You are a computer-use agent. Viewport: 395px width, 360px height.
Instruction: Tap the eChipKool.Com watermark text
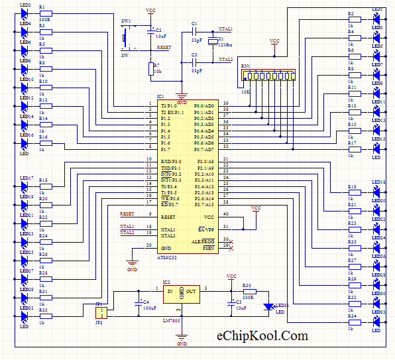(262, 336)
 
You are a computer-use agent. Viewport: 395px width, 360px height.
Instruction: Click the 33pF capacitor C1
(195, 30)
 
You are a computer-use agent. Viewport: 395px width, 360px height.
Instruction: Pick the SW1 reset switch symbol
(126, 38)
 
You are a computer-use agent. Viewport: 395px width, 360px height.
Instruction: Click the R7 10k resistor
(150, 69)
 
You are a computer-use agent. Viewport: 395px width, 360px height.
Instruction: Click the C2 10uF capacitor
(150, 34)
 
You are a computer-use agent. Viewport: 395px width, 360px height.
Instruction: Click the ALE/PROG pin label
(204, 242)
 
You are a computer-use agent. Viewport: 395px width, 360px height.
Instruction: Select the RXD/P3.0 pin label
(172, 160)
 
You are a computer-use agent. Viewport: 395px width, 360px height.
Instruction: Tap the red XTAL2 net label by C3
(225, 59)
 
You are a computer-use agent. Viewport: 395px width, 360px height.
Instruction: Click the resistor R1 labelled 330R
(45, 14)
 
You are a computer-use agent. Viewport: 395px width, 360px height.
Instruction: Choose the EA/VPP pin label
(206, 229)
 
